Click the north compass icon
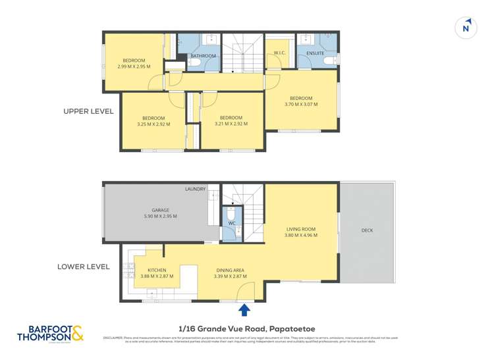[466, 28]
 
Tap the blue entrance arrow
[244, 309]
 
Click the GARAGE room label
[161, 211]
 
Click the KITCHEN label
[157, 270]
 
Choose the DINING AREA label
[231, 270]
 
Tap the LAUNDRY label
[195, 190]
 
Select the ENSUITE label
[315, 53]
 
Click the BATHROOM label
[204, 56]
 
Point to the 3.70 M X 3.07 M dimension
[301, 104]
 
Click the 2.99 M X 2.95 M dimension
[134, 66]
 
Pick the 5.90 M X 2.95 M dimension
[161, 217]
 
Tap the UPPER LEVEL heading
[88, 112]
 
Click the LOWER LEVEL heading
[84, 267]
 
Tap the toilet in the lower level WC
[231, 215]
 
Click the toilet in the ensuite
[329, 61]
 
